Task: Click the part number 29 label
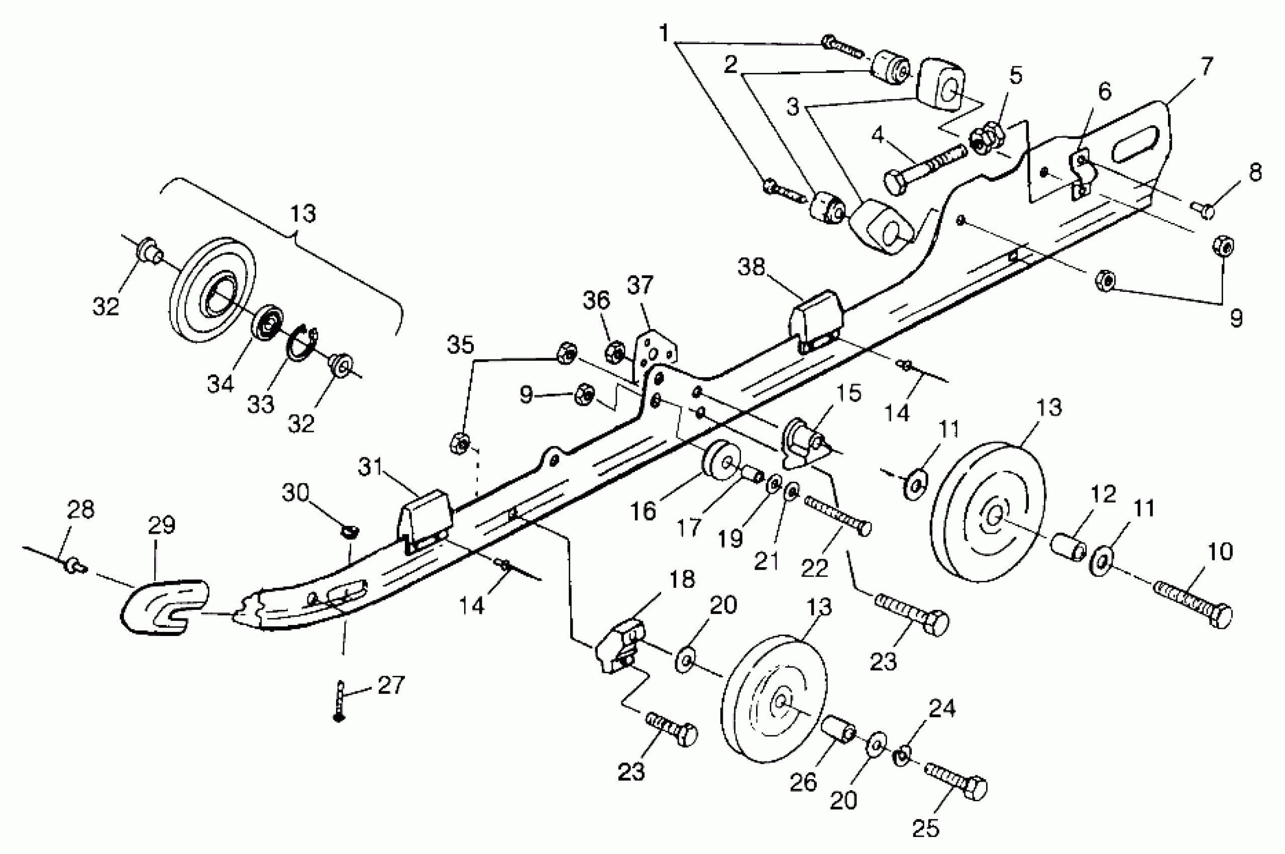pos(162,525)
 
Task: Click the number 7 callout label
pos(1207,67)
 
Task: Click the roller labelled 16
pos(720,460)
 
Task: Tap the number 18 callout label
pos(681,580)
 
